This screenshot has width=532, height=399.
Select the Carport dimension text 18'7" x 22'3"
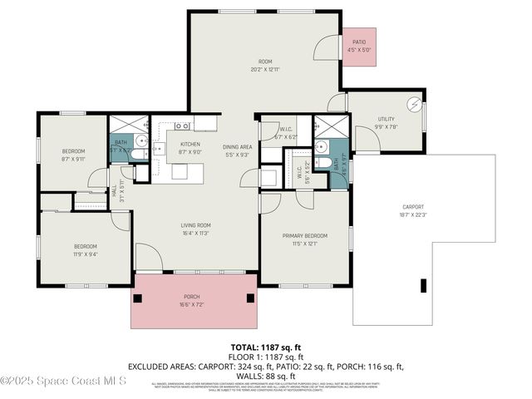coord(412,214)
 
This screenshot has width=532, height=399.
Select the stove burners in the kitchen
coord(183,126)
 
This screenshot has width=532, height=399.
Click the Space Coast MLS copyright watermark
coord(63,381)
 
